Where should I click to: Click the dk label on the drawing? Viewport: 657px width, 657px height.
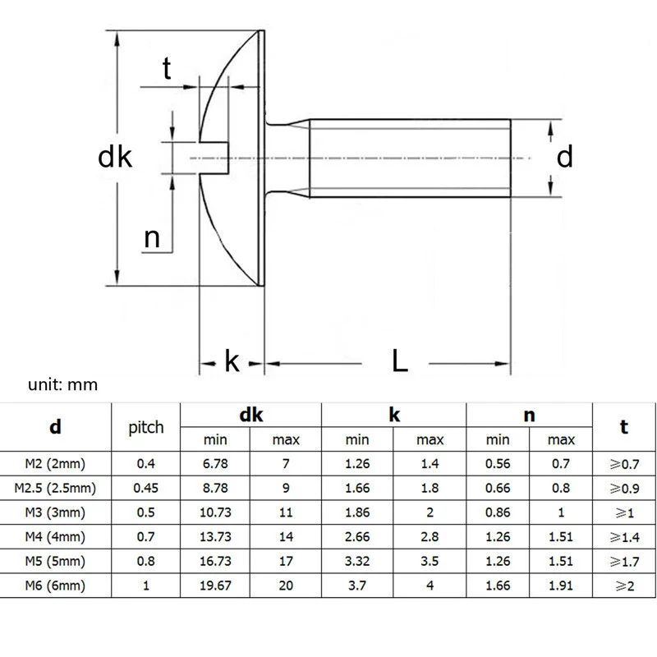tap(115, 157)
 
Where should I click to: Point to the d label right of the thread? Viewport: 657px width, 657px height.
tap(564, 156)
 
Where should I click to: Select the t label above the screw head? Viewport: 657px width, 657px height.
tap(167, 69)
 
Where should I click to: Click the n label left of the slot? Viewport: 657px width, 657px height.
tap(152, 238)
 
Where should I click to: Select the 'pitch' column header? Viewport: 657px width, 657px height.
tap(146, 427)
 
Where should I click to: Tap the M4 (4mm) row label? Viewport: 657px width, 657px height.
tap(55, 537)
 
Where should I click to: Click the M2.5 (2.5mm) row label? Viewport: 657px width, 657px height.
tap(55, 488)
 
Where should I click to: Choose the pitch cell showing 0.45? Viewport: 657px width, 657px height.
tap(146, 488)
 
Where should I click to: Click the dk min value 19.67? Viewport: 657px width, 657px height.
tap(215, 586)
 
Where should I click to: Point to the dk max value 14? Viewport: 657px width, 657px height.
tap(285, 537)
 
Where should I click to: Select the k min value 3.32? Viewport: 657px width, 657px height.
tap(357, 562)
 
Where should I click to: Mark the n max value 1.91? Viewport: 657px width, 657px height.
tap(561, 586)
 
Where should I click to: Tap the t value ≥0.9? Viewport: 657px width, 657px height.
tap(625, 488)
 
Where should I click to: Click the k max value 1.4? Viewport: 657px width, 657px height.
tap(430, 463)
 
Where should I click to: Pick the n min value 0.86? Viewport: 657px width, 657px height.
tap(498, 512)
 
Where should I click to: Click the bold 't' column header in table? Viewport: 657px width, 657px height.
tap(624, 426)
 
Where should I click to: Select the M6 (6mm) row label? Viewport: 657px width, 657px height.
tap(55, 586)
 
